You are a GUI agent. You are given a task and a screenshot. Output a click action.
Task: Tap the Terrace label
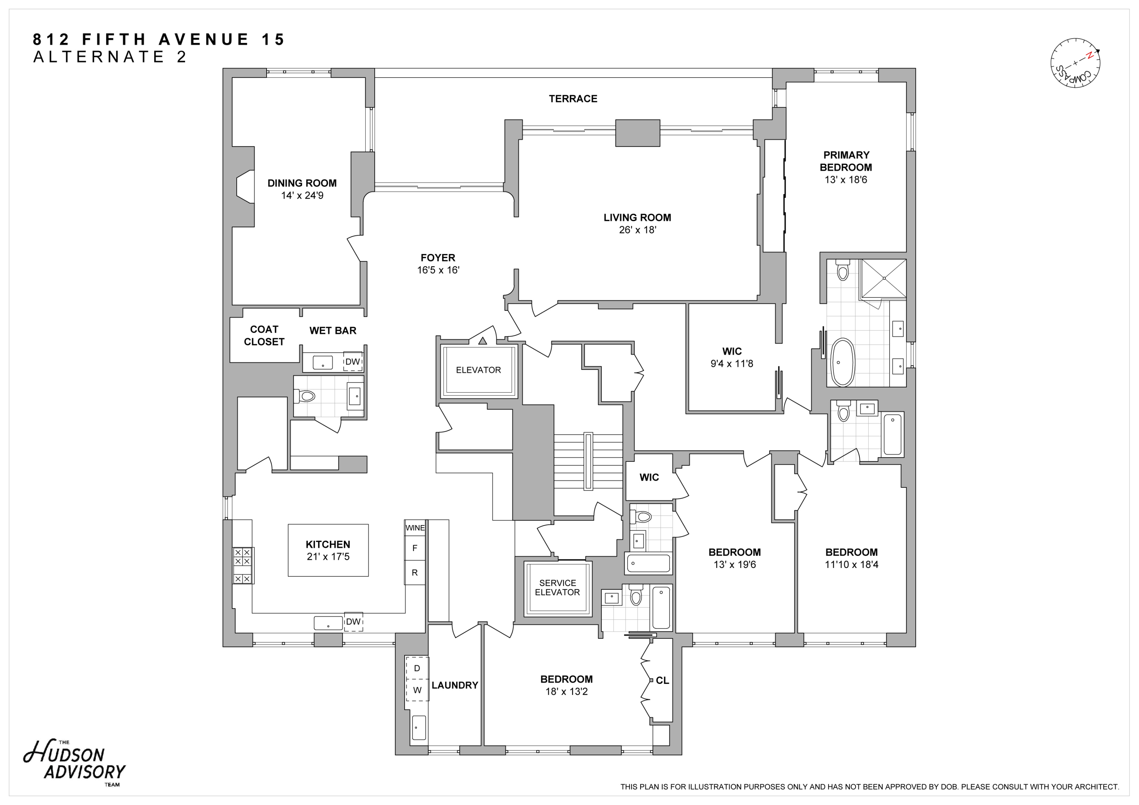tap(572, 99)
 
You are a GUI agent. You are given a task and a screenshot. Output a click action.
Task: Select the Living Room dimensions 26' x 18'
tap(637, 230)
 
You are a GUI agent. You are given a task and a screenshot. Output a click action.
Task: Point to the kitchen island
tap(328, 550)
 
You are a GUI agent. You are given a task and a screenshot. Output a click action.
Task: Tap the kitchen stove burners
tap(244, 565)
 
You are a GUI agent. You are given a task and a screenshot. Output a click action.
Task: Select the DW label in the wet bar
tap(353, 361)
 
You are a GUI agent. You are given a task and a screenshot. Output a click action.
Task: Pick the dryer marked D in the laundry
tap(417, 668)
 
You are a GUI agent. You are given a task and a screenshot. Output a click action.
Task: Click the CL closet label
tap(662, 681)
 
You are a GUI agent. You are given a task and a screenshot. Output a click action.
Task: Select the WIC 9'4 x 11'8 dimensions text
tap(731, 364)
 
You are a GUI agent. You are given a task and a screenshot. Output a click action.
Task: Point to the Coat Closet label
tap(264, 335)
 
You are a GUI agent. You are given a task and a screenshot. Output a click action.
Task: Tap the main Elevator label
tap(478, 370)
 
